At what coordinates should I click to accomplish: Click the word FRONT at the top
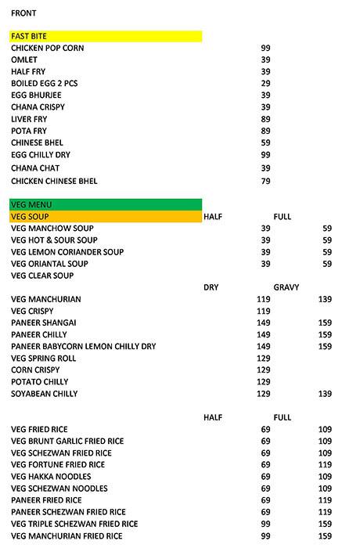(x=23, y=13)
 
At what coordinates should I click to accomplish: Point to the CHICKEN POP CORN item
(x=48, y=49)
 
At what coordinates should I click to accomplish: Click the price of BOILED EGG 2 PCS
(x=265, y=84)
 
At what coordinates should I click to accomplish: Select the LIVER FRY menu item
(x=30, y=119)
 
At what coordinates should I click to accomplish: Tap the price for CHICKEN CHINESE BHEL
(x=265, y=182)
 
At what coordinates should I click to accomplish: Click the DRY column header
(x=211, y=287)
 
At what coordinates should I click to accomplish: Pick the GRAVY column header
(x=286, y=287)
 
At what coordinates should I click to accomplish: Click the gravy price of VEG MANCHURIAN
(x=325, y=300)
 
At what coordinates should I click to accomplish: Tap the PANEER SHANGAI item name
(x=44, y=323)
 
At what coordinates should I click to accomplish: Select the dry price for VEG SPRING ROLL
(x=264, y=358)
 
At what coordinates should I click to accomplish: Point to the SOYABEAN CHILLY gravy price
(x=325, y=394)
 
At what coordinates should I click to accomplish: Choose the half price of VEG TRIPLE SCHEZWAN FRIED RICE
(x=265, y=524)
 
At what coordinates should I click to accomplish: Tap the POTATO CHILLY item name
(x=39, y=381)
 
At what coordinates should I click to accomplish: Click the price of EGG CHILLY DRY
(x=265, y=155)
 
